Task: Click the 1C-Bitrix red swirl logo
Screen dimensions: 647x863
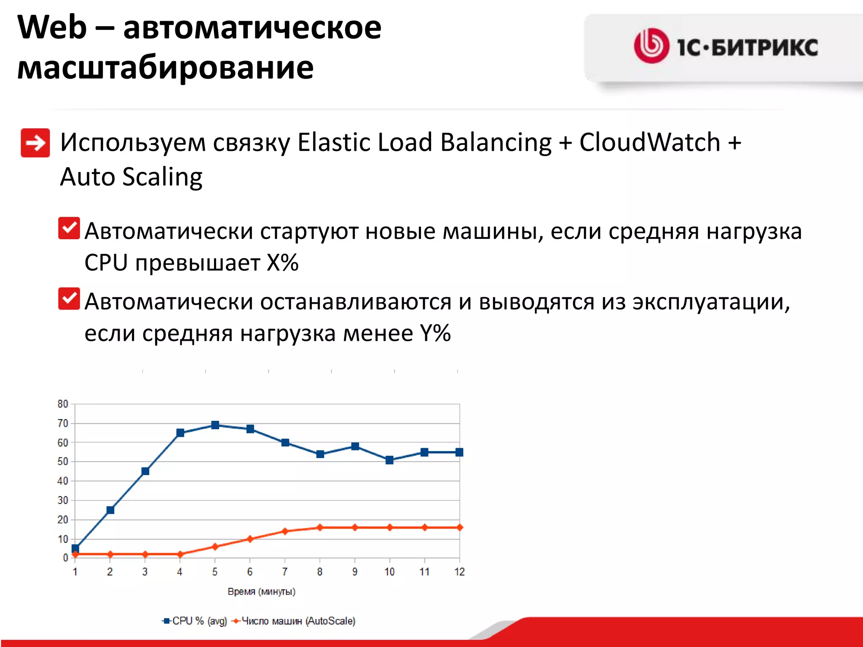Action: (651, 45)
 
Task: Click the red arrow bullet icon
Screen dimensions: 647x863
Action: (35, 143)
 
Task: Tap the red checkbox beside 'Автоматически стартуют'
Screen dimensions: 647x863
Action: (69, 228)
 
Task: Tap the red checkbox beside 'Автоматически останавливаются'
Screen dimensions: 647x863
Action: (69, 299)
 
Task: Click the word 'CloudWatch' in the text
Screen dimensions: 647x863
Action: (649, 142)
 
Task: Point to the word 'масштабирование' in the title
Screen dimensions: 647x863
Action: (165, 67)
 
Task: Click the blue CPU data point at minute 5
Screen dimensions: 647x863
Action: (215, 425)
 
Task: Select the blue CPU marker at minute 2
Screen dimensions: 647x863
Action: (110, 510)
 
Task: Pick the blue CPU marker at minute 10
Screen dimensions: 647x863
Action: (390, 460)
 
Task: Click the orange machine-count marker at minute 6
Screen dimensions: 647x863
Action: (250, 539)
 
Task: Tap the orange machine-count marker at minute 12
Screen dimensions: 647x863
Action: (459, 527)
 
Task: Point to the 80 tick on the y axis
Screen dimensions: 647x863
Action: (63, 404)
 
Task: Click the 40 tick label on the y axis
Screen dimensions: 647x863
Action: (63, 481)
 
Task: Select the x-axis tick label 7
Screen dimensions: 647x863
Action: (285, 572)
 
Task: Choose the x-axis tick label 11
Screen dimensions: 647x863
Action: (424, 572)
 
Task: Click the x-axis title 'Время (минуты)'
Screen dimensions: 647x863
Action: (261, 591)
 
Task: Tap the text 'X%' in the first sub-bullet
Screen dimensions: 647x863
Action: (283, 263)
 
